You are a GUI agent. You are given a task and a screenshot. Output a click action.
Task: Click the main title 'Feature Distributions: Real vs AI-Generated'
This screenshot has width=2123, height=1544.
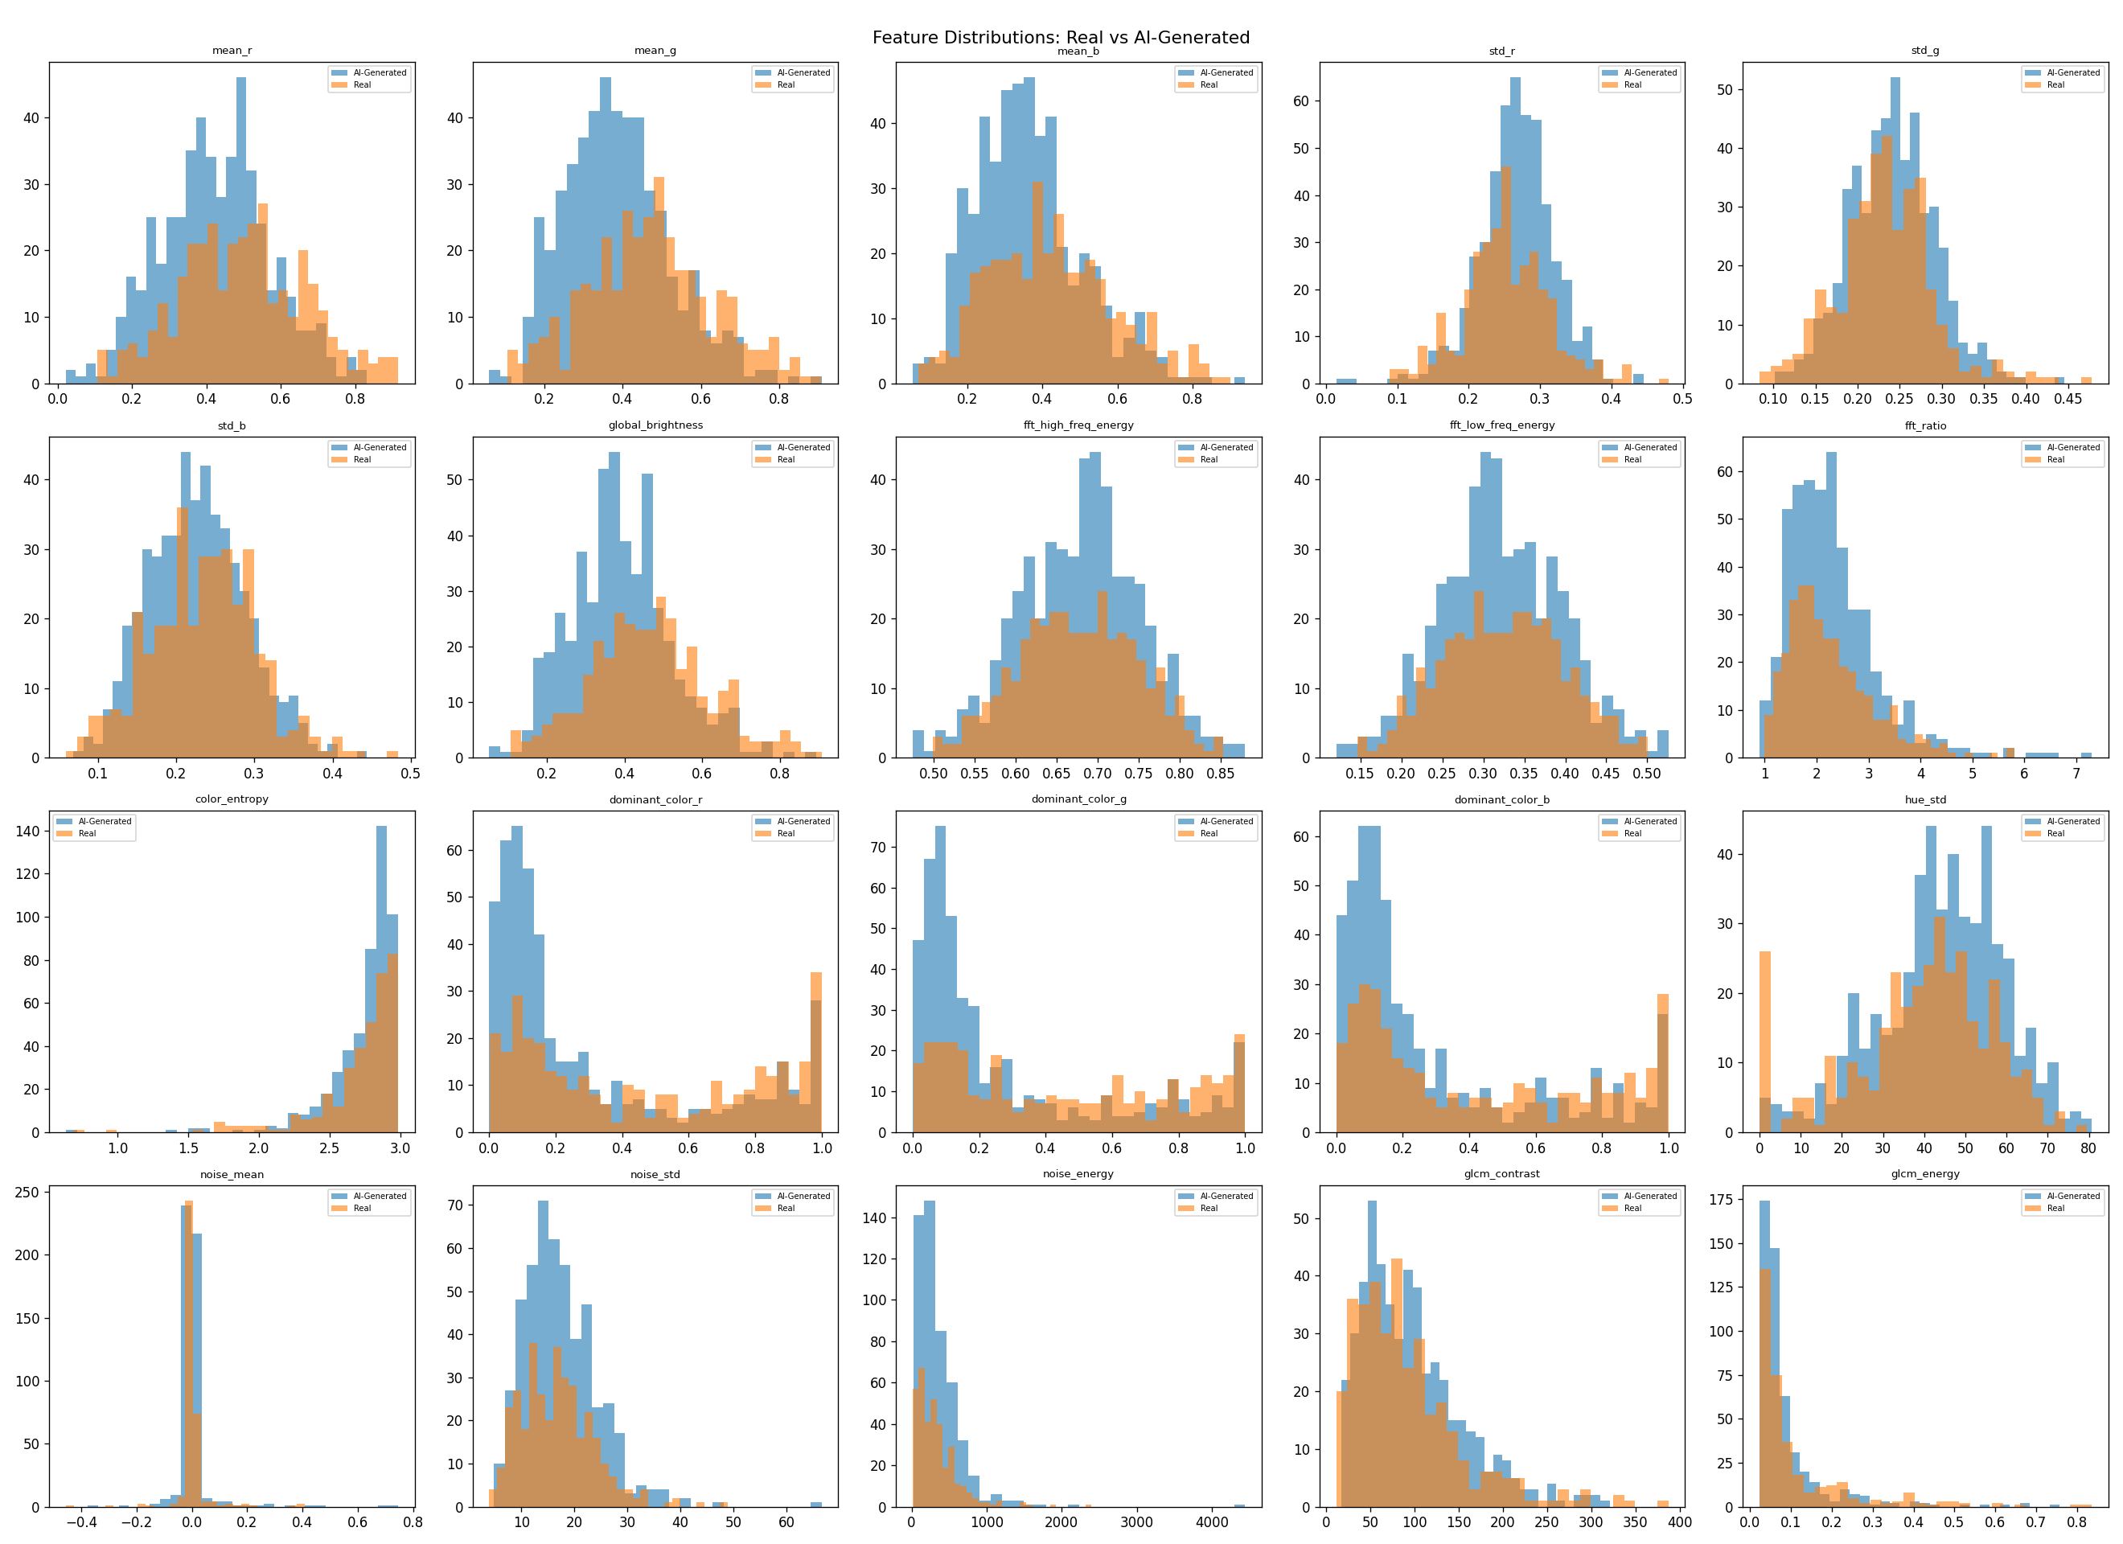point(1061,38)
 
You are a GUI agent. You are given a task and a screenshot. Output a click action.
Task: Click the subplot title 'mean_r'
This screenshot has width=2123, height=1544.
point(232,51)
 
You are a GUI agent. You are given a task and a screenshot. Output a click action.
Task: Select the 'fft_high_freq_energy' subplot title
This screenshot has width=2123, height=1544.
point(1078,425)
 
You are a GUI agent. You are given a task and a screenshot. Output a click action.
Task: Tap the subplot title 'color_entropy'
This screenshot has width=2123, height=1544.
point(232,799)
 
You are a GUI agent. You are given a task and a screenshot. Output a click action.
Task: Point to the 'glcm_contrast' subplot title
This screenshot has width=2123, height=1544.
point(1501,1174)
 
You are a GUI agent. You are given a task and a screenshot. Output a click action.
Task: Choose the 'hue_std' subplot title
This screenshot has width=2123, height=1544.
point(1924,799)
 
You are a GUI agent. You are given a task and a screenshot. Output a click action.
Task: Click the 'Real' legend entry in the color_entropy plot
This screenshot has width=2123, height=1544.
point(87,833)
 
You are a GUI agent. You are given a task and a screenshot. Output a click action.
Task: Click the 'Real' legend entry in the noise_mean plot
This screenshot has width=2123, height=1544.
point(362,1209)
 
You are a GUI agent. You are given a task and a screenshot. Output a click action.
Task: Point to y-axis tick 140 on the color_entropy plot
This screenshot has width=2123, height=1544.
point(28,832)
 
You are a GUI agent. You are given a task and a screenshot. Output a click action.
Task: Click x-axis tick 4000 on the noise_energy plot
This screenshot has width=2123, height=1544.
point(1211,1522)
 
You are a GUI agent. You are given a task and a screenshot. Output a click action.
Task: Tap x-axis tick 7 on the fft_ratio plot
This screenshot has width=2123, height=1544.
point(2076,774)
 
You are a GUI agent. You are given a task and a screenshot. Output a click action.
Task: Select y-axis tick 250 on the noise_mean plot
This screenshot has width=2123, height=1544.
point(28,1192)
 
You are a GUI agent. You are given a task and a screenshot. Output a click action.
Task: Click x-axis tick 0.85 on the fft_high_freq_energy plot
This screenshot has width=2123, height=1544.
point(1221,774)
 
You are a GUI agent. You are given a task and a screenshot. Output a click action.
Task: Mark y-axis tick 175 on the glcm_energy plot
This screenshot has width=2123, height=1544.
point(1720,1200)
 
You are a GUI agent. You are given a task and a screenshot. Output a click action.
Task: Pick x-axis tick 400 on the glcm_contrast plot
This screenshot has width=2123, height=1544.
point(1679,1522)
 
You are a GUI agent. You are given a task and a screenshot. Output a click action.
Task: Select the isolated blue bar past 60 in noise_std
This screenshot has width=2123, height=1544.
point(816,1504)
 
